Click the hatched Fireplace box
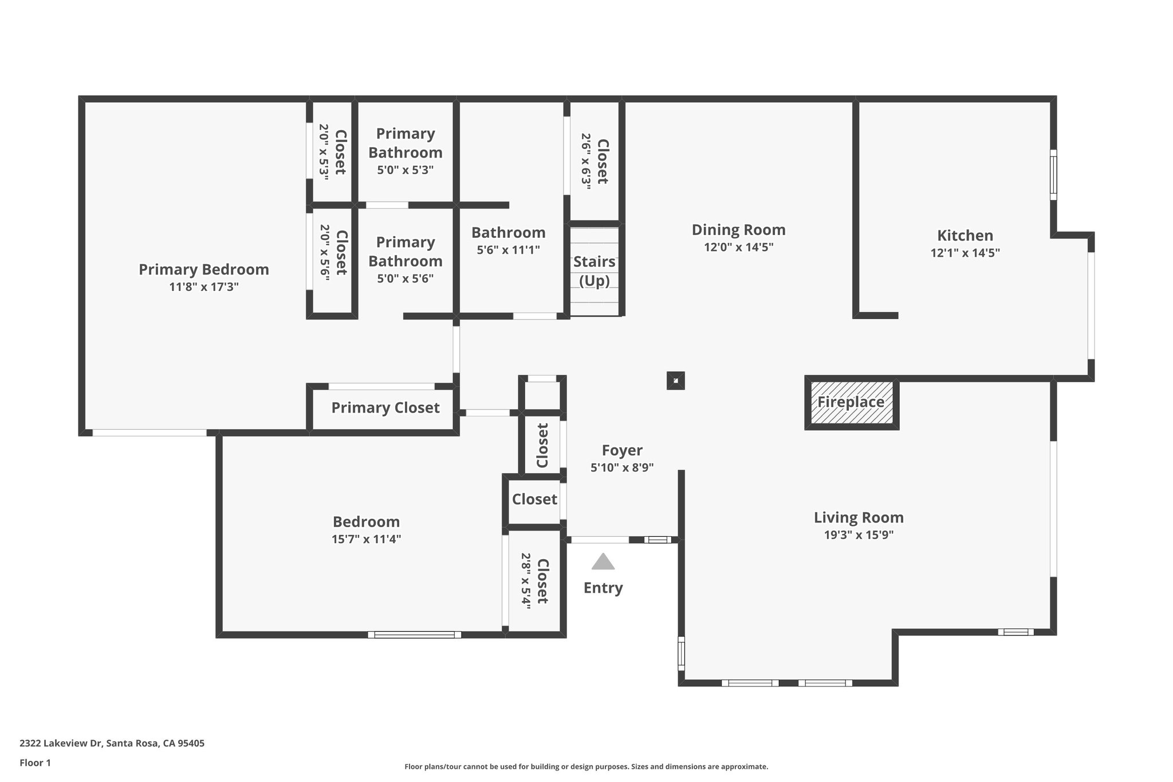tap(852, 402)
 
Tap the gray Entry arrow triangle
tap(603, 562)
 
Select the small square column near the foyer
tap(676, 380)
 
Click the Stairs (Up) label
tap(595, 271)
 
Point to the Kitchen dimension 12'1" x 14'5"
tap(965, 253)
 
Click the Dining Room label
tap(738, 230)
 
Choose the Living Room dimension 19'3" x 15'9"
tap(859, 535)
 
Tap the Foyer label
tap(622, 450)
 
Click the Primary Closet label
tap(385, 408)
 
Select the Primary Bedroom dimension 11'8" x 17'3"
tap(204, 287)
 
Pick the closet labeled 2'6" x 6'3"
tap(595, 162)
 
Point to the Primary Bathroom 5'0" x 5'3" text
tap(405, 170)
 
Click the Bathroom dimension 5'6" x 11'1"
tap(508, 250)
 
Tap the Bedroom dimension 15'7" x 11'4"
tap(366, 539)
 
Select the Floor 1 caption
tap(36, 763)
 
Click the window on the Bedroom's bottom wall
tap(414, 635)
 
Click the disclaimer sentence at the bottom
tap(586, 767)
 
